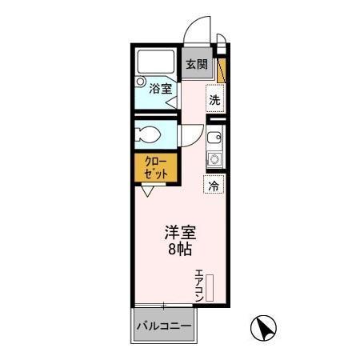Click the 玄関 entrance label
(195, 66)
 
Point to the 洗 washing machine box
(214, 101)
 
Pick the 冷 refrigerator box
(214, 185)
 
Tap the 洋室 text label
(181, 234)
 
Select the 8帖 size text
(180, 249)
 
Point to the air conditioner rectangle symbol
(210, 287)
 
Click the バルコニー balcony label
(163, 326)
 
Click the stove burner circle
(214, 159)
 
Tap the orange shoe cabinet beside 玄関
(222, 70)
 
